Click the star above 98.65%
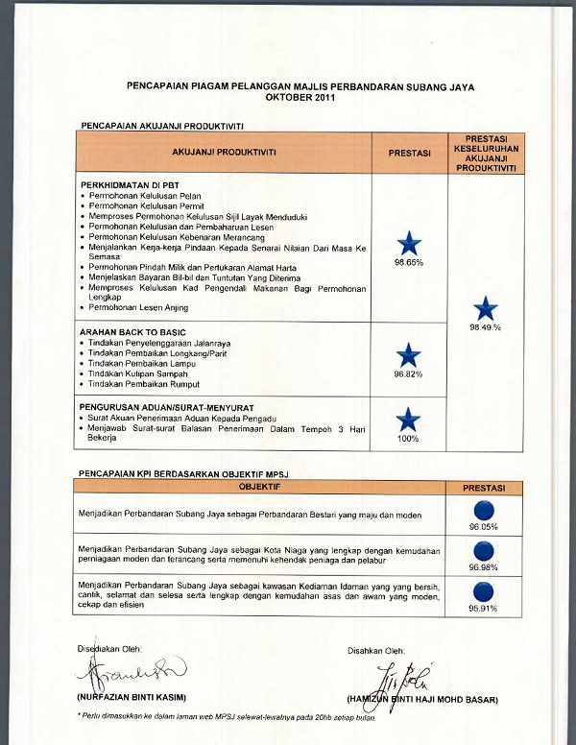click(409, 243)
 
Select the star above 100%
click(409, 420)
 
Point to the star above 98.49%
click(486, 309)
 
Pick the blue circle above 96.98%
click(484, 551)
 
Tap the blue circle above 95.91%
click(484, 591)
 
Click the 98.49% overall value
click(486, 327)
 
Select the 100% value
click(409, 439)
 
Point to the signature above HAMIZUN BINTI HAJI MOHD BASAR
click(407, 677)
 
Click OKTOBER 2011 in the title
click(300, 99)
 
